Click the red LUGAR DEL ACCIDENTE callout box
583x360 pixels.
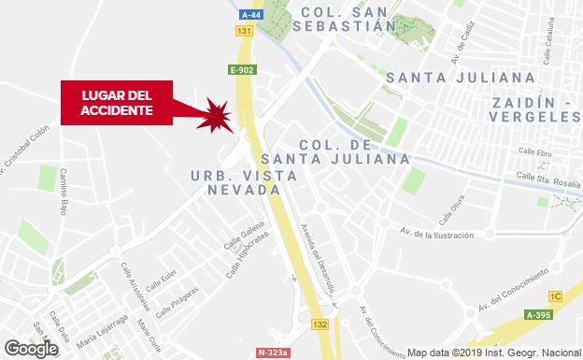[x=117, y=102]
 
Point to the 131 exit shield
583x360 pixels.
[x=245, y=32]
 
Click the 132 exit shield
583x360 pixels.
[x=320, y=324]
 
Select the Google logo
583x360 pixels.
[x=30, y=348]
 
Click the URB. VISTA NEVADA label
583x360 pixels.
[x=244, y=183]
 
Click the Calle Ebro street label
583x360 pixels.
[x=535, y=151]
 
